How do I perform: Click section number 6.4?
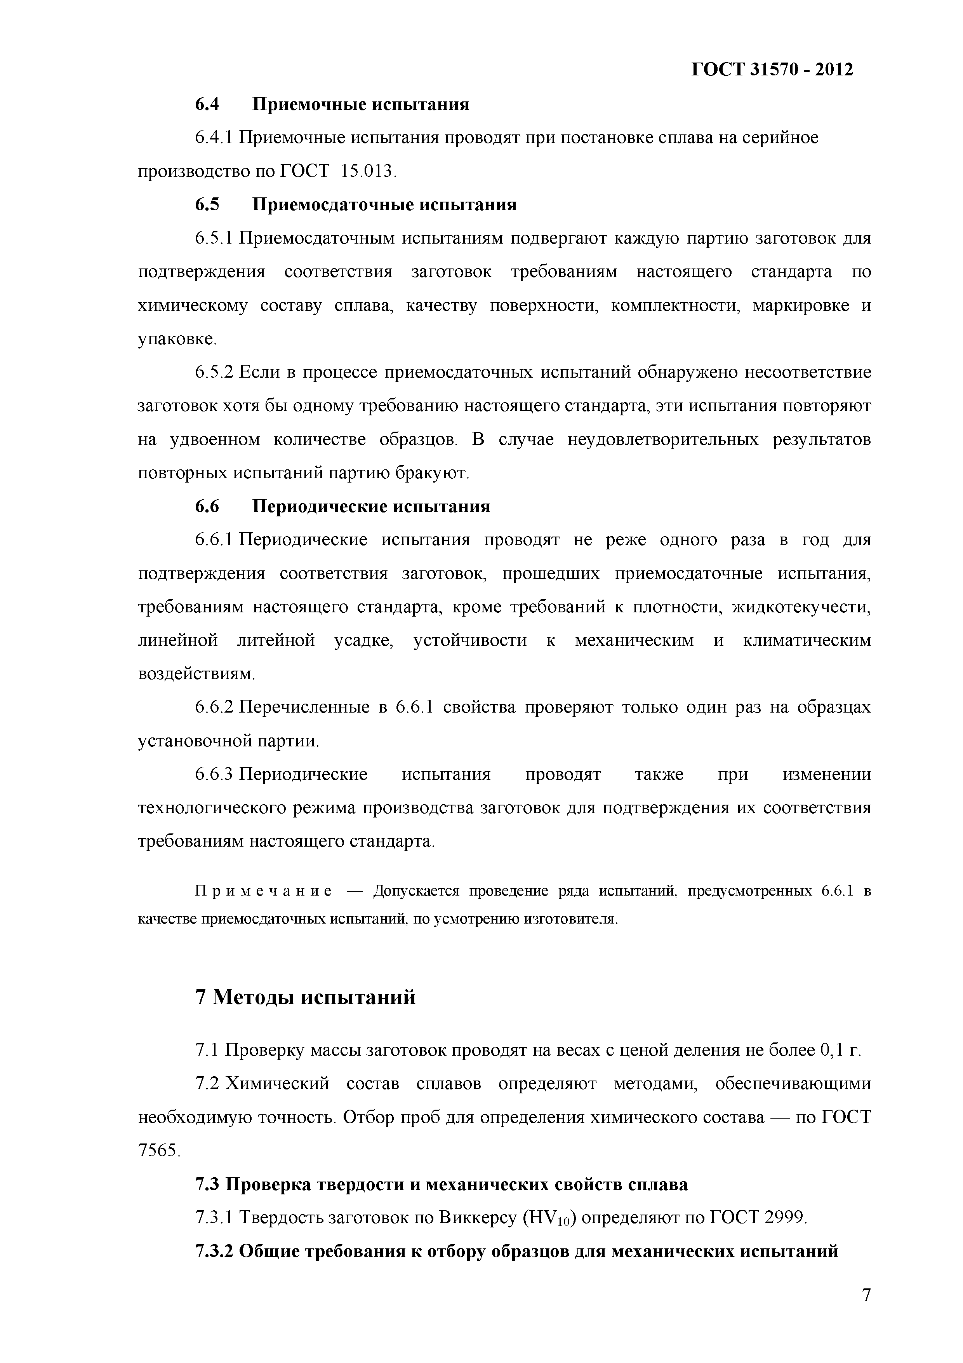207,105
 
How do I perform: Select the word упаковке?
176,340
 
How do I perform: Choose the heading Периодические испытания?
372,506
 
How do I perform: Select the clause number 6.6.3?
215,775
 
